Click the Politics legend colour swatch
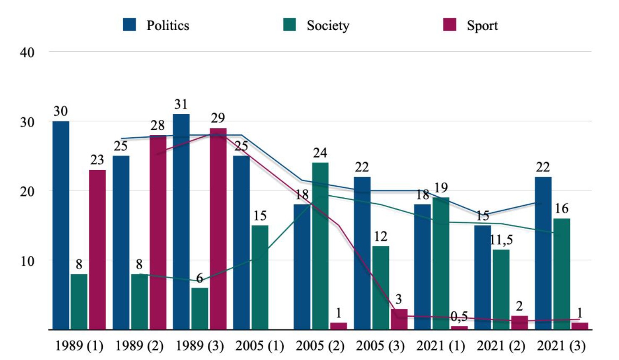click(x=129, y=25)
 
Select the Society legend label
click(x=328, y=26)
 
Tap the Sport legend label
click(x=483, y=26)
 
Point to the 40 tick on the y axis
click(x=27, y=52)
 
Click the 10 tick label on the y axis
click(x=27, y=261)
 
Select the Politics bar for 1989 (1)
click(x=61, y=225)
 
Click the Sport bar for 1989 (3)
click(x=218, y=229)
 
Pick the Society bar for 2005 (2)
click(x=320, y=246)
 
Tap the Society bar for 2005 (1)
click(x=260, y=277)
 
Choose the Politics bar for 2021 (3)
click(x=543, y=253)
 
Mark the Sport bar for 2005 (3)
click(x=399, y=319)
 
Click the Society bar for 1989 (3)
click(x=200, y=309)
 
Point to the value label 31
click(x=181, y=104)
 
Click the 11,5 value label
click(x=501, y=240)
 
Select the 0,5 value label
click(x=459, y=316)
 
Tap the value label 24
click(x=320, y=153)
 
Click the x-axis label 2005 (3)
click(x=380, y=346)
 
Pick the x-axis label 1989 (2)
click(x=139, y=346)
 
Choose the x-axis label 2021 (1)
click(x=441, y=346)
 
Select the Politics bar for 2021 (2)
click(x=483, y=277)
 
